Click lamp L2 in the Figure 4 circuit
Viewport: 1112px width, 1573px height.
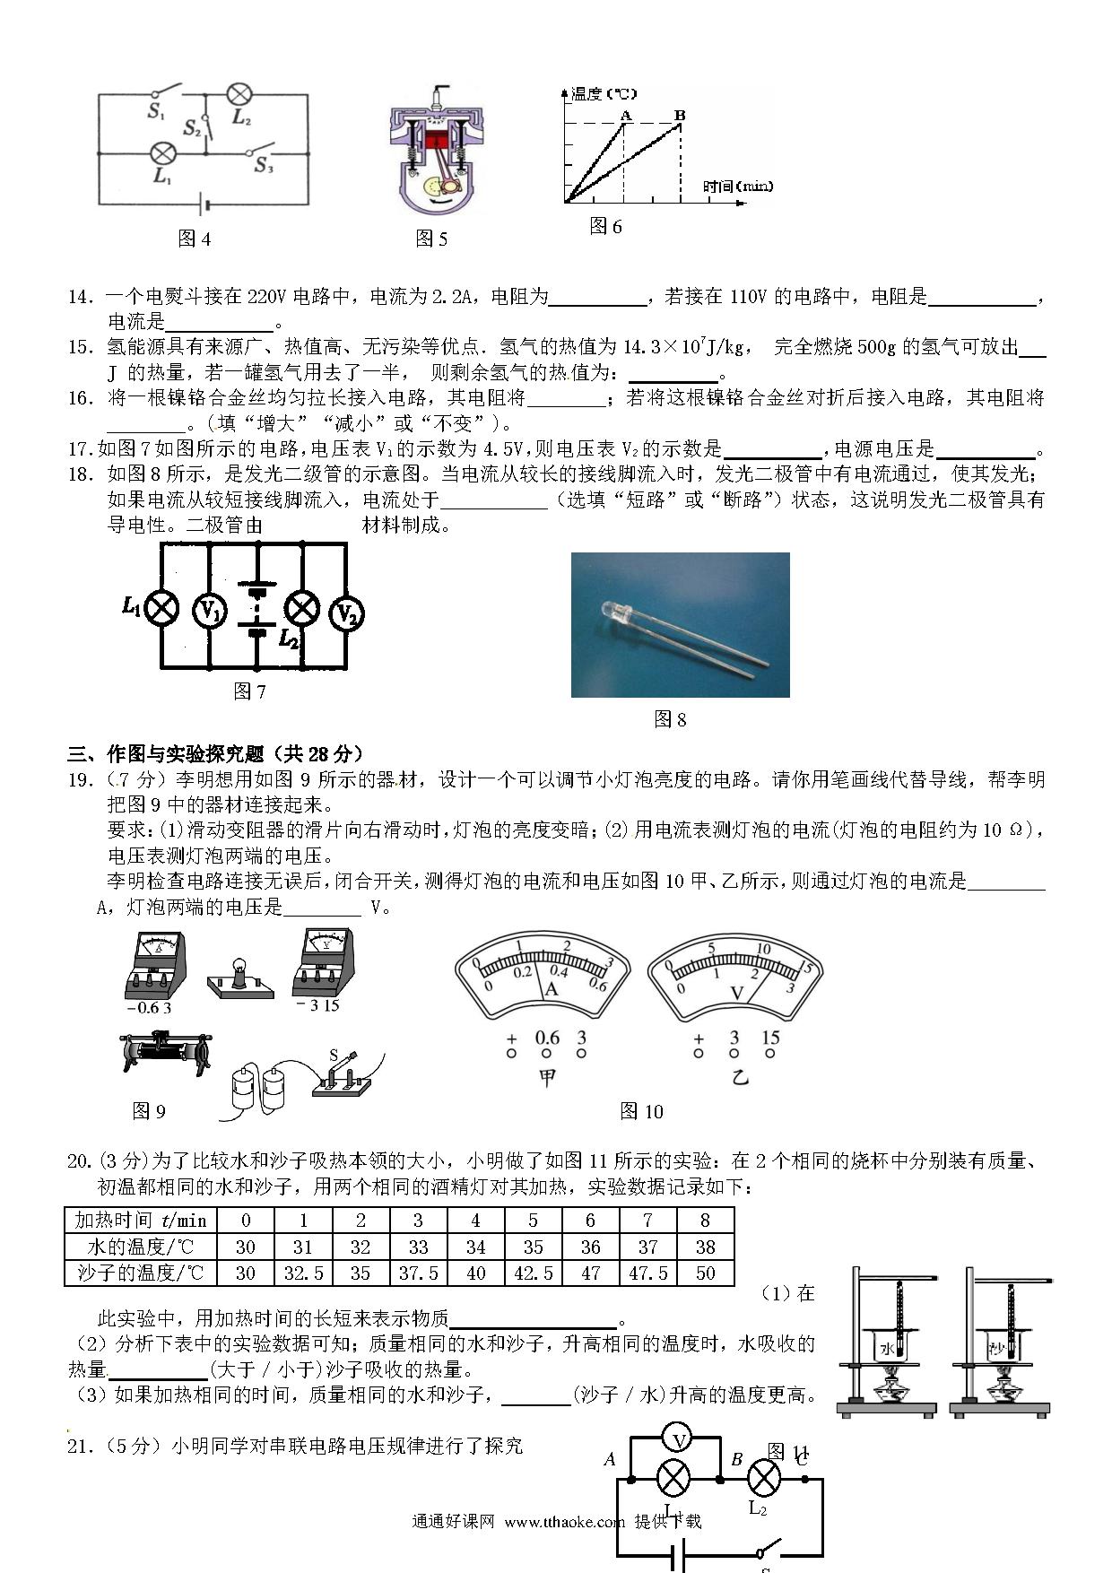coord(239,94)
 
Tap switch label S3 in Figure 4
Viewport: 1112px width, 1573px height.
coord(264,165)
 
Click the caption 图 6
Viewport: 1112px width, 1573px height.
coord(605,226)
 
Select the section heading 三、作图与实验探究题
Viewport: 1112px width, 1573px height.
coord(215,753)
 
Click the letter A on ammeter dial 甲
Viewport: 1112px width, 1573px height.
coord(552,988)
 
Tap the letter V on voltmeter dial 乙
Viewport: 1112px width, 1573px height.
coord(737,993)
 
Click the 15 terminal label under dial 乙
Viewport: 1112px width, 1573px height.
coord(769,1038)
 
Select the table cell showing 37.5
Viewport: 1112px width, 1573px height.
coord(418,1273)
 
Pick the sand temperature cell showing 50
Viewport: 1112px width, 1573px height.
coord(705,1273)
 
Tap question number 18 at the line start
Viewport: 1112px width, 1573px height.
coord(81,474)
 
